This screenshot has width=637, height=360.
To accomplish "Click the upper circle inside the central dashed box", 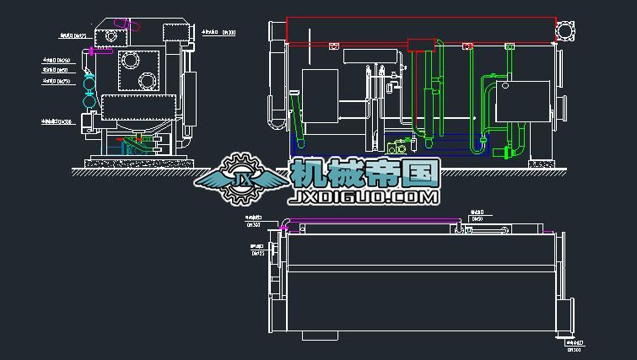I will (131, 60).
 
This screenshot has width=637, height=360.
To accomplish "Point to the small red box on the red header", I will (419, 45).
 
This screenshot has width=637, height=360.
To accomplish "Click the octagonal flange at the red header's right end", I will (564, 30).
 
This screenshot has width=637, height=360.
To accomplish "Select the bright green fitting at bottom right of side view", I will (508, 152).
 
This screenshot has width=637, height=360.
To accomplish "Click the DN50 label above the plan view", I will (477, 218).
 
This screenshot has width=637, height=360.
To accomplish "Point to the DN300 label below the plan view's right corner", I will (575, 347).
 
